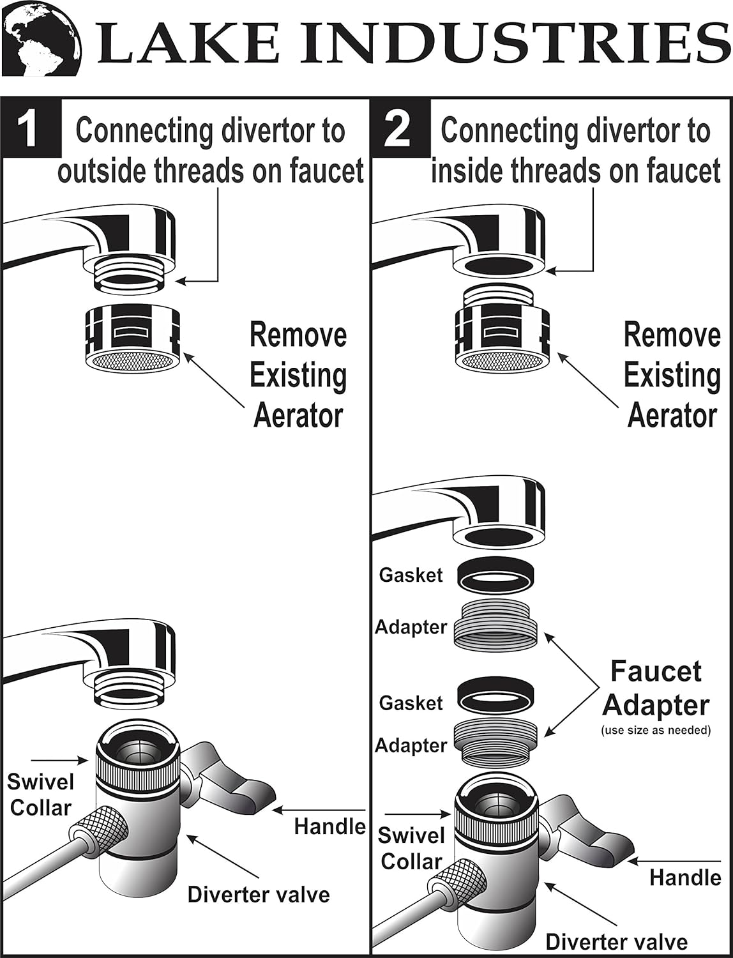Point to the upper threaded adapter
[x=495, y=623]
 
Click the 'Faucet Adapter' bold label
[x=656, y=688]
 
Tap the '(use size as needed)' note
[x=656, y=730]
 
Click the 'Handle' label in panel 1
[x=329, y=826]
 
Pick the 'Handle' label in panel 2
[x=685, y=878]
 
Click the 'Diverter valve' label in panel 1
[x=259, y=894]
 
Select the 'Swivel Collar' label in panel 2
[x=411, y=849]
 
